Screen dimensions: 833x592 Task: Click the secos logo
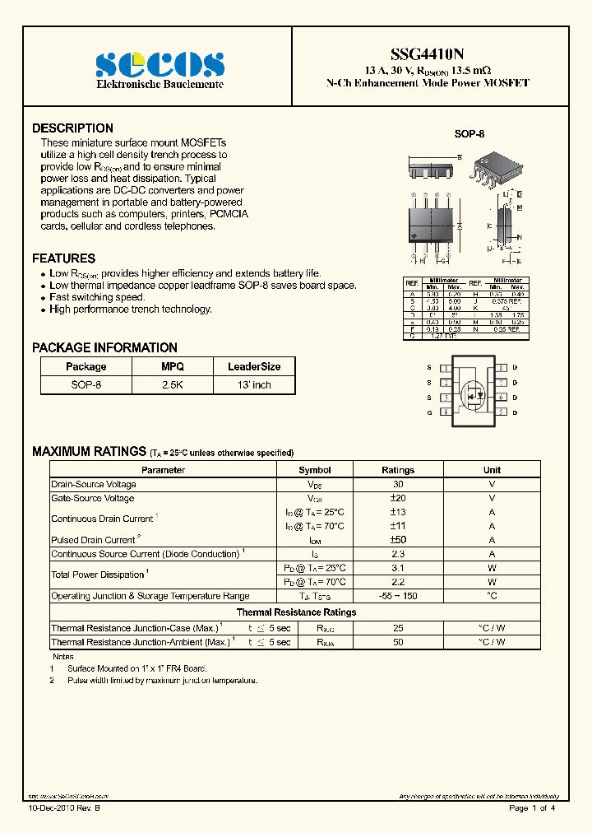click(160, 65)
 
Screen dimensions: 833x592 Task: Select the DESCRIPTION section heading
click(72, 128)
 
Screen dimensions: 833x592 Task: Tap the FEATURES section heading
click(63, 258)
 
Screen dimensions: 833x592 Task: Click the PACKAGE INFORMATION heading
click(104, 347)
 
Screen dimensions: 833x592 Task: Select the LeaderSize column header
click(254, 366)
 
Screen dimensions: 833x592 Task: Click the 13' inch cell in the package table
click(254, 384)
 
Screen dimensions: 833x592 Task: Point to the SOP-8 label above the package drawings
click(469, 133)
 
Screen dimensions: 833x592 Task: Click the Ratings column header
click(398, 470)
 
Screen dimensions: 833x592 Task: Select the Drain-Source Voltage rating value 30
click(398, 484)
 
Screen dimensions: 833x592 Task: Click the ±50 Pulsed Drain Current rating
click(398, 540)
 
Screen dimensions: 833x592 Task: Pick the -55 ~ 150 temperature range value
click(398, 596)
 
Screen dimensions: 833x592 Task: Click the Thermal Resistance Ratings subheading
click(296, 612)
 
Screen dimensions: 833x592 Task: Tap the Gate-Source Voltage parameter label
click(93, 498)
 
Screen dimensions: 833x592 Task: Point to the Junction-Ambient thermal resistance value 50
click(398, 641)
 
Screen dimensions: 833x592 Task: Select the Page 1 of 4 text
click(532, 808)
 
